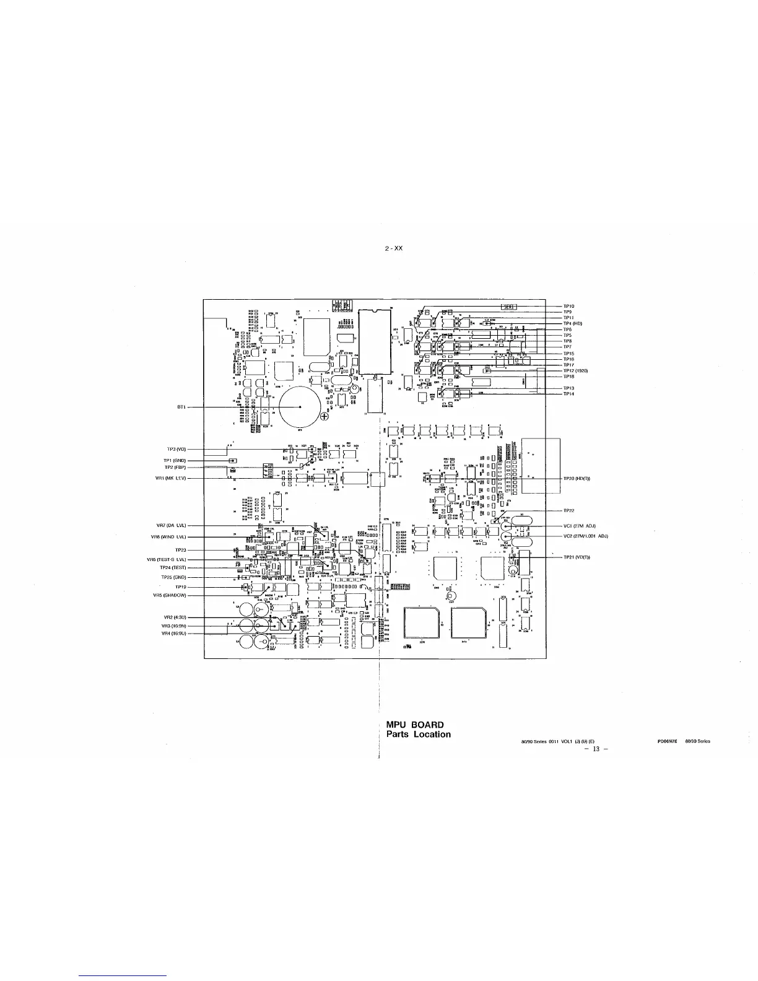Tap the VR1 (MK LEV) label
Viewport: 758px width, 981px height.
(x=172, y=478)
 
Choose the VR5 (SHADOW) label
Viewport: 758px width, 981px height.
(x=170, y=595)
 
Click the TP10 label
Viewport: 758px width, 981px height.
(x=568, y=306)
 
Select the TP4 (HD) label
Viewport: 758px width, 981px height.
(x=573, y=323)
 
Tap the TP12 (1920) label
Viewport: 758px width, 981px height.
(x=575, y=370)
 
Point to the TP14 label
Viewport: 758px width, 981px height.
(x=568, y=394)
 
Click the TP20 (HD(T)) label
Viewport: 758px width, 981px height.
(x=577, y=478)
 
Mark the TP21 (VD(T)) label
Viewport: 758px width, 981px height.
(x=577, y=557)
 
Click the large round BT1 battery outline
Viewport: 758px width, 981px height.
(x=300, y=407)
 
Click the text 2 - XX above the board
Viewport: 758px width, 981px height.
(x=393, y=248)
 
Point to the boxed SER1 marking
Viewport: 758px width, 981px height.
(x=509, y=306)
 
